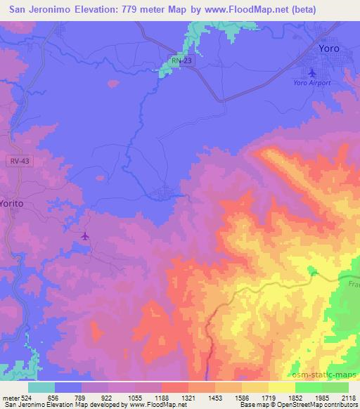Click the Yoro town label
pos(328,48)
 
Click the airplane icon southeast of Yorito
pos(85,236)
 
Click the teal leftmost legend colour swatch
pos(41,387)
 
